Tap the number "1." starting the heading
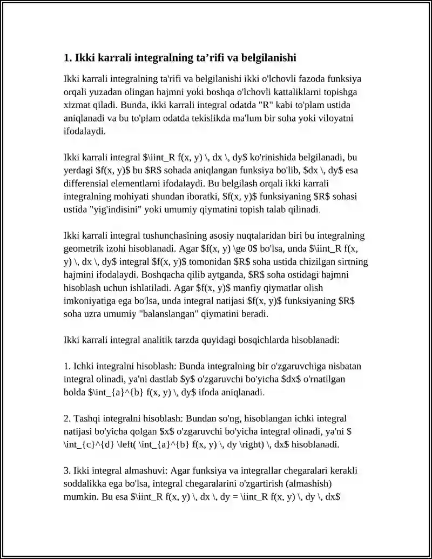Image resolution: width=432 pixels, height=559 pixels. pyautogui.click(x=68, y=57)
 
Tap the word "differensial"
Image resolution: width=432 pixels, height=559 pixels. pyautogui.click(x=86, y=183)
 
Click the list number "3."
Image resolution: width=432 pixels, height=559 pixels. pyautogui.click(x=67, y=470)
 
